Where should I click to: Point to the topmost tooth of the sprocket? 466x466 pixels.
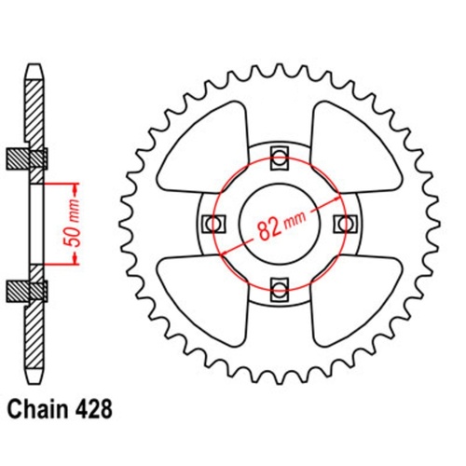click(x=279, y=63)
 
